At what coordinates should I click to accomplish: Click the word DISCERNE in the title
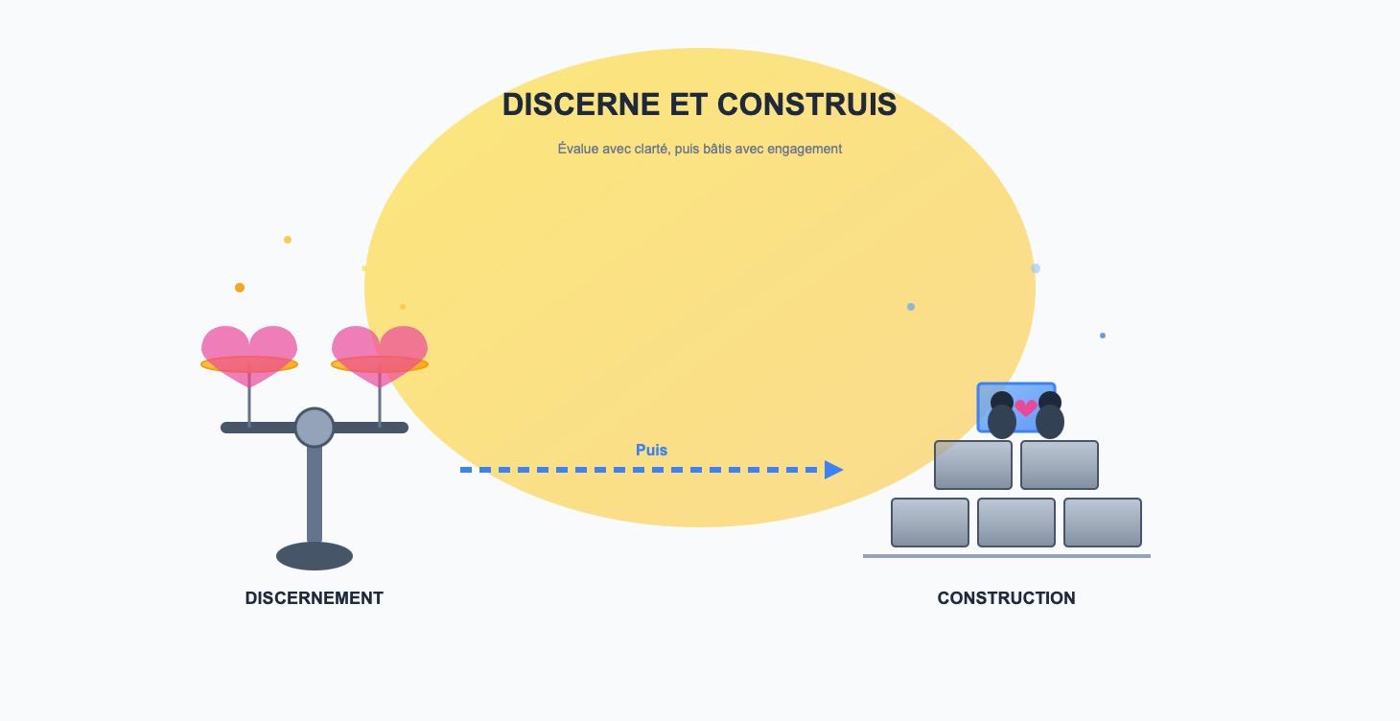581,105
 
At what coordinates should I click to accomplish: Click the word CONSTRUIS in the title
806,105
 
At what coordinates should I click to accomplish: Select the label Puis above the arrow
651,450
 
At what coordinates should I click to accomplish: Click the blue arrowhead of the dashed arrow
833,470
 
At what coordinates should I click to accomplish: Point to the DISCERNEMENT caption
315,598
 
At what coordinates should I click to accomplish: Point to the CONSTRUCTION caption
1006,598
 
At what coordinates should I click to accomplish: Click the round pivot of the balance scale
315,428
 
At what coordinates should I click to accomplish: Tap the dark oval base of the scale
315,556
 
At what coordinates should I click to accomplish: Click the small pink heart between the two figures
1026,407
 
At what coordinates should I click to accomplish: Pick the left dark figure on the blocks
1001,415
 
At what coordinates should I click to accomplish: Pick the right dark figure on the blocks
1049,415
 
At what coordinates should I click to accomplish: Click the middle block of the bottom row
1016,523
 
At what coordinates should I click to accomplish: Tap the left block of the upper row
973,465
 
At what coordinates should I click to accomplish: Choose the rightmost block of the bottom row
1103,523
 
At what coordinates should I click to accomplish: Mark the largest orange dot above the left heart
240,288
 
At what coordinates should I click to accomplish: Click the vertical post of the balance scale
315,494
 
